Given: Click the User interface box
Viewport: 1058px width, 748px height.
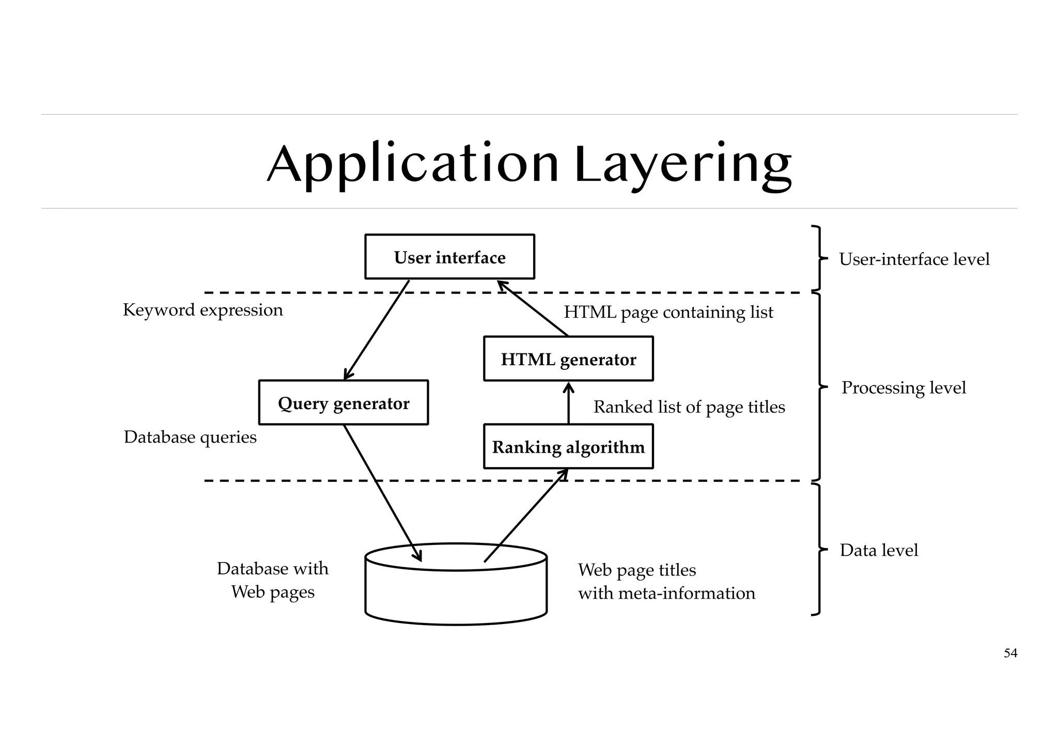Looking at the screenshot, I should [449, 257].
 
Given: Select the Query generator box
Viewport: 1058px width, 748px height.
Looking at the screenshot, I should [343, 403].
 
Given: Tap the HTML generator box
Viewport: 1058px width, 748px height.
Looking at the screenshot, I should [568, 359].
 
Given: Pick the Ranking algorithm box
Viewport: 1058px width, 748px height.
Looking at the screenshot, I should [568, 447].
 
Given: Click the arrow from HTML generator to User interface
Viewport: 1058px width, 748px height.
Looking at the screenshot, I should [532, 308].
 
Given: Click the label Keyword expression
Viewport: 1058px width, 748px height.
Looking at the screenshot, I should [203, 310].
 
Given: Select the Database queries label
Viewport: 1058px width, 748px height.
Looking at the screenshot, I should [190, 437].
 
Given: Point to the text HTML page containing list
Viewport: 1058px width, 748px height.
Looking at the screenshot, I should [668, 312].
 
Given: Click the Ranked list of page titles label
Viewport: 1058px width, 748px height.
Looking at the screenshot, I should [689, 407].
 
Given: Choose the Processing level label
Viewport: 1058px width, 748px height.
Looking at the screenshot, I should [904, 387].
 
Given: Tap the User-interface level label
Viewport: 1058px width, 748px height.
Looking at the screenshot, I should [914, 259].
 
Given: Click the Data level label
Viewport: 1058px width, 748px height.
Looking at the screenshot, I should [879, 550].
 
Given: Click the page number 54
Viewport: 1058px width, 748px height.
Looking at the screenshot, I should [1010, 653].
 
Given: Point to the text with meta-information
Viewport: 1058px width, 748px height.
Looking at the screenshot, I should [666, 593].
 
